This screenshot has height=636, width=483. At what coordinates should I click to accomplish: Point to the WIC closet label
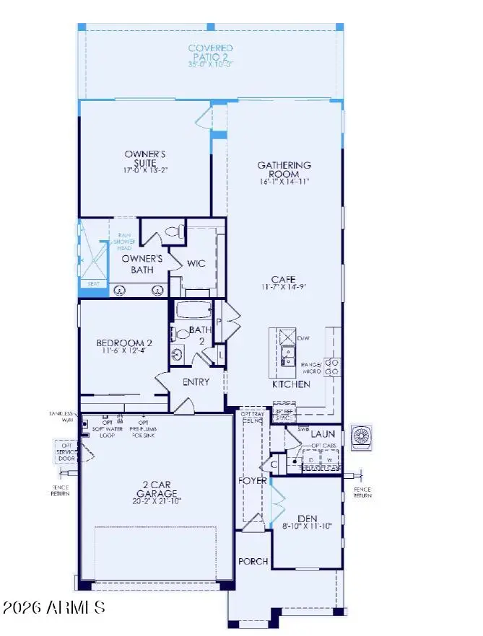click(x=196, y=263)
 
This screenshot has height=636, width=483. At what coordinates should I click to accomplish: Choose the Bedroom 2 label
click(x=124, y=346)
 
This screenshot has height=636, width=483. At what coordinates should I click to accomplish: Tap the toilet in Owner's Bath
click(x=174, y=232)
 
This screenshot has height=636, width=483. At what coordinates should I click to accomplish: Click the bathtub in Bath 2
click(x=193, y=311)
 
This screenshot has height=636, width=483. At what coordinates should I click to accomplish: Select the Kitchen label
click(x=291, y=384)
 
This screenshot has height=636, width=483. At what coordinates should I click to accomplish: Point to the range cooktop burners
click(x=331, y=367)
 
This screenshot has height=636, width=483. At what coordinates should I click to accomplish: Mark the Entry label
click(x=196, y=382)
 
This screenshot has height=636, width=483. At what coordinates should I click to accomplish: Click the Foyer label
click(x=253, y=480)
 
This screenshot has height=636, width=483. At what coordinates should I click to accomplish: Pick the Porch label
click(x=253, y=561)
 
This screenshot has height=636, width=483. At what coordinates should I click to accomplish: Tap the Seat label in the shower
click(x=94, y=284)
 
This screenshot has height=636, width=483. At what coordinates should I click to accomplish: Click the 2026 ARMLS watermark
click(x=54, y=607)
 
